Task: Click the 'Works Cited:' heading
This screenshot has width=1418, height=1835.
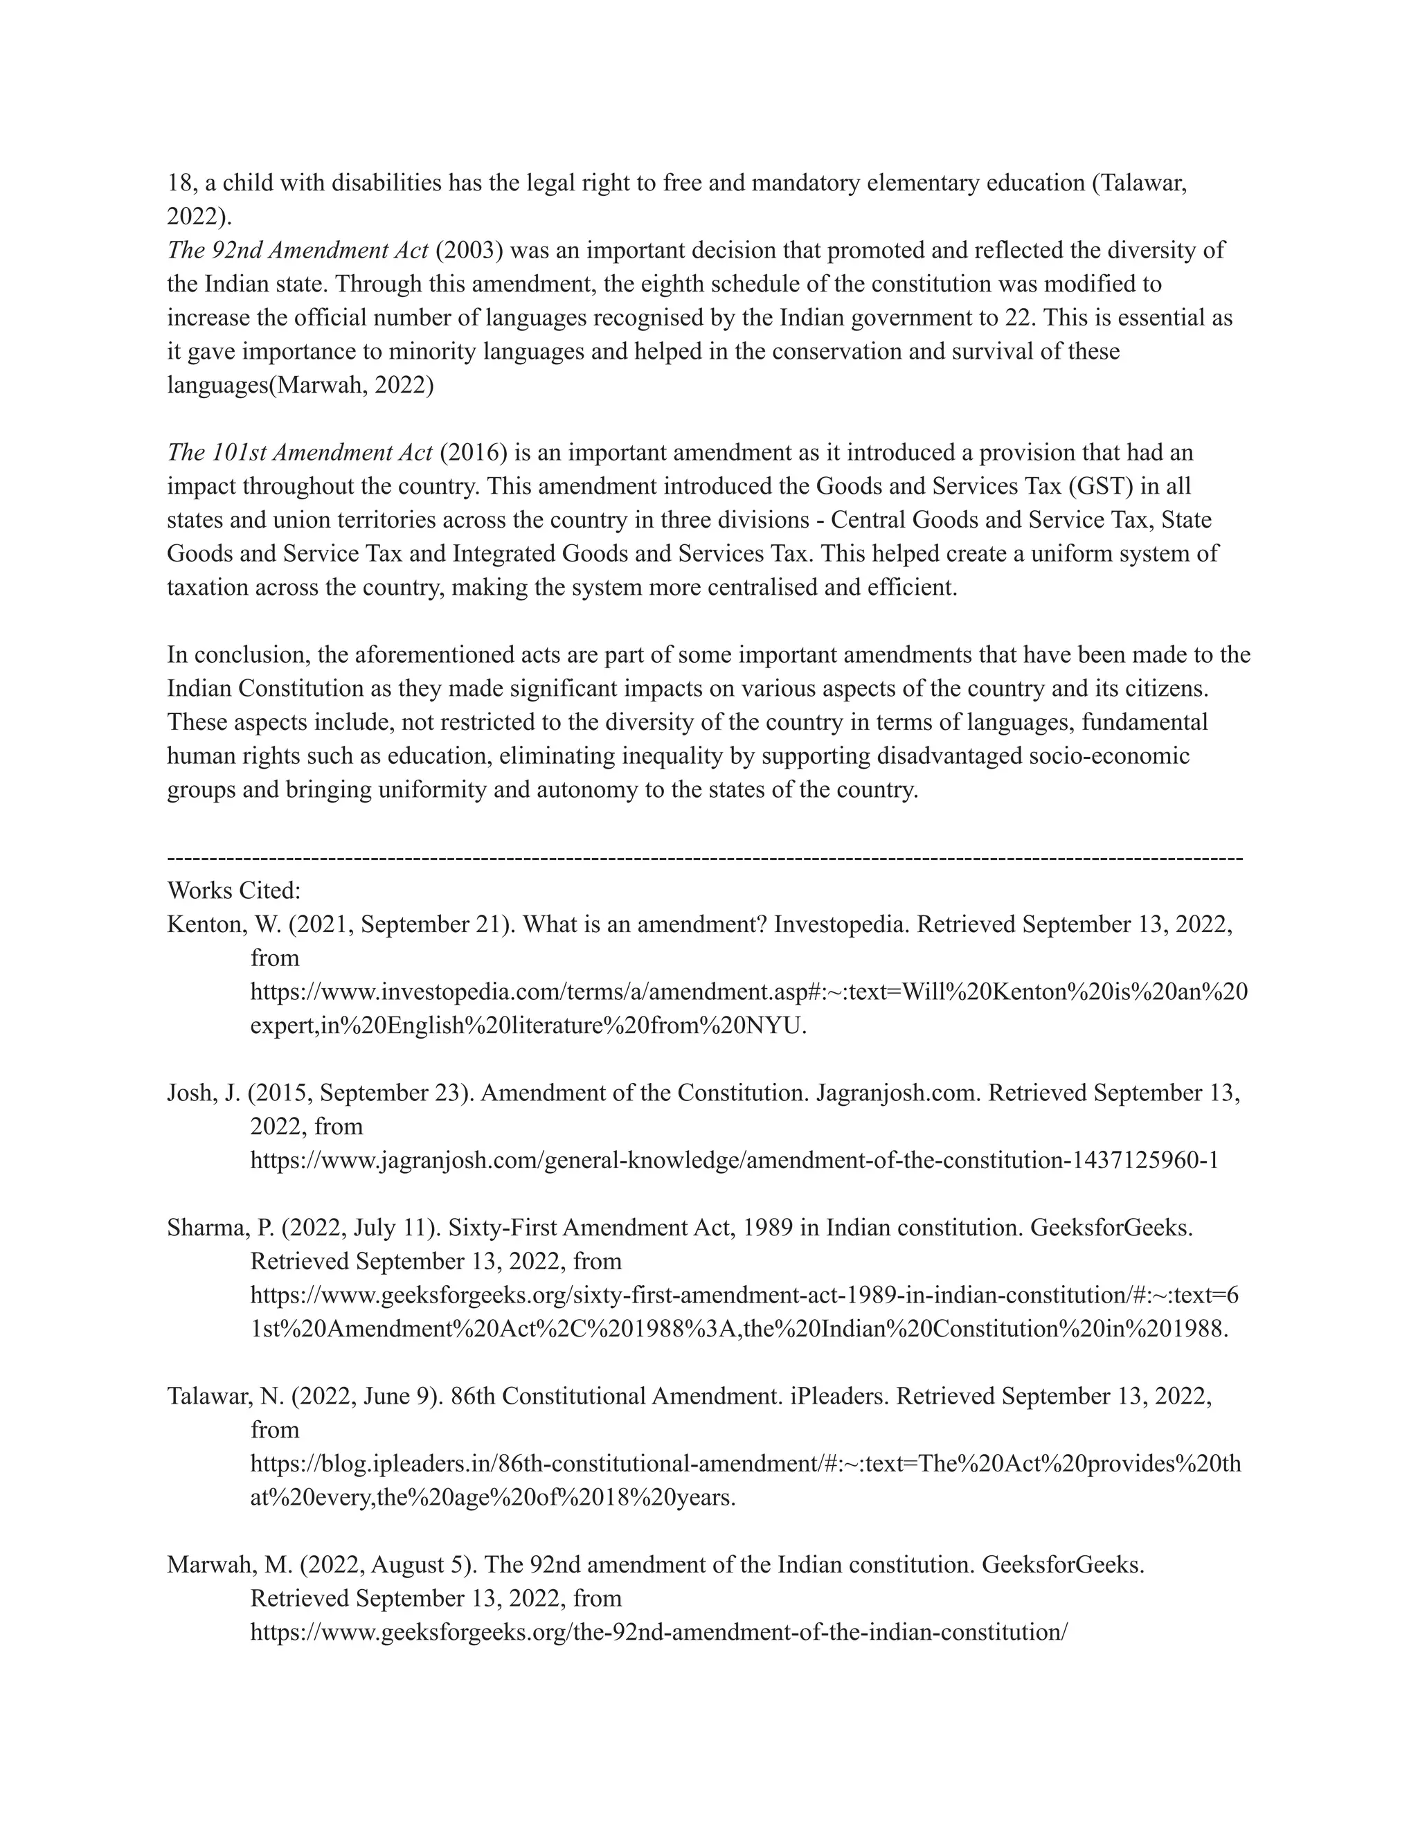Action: point(233,890)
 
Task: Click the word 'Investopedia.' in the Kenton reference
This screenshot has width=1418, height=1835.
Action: point(841,924)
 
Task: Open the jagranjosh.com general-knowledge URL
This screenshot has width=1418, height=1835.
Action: point(734,1161)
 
